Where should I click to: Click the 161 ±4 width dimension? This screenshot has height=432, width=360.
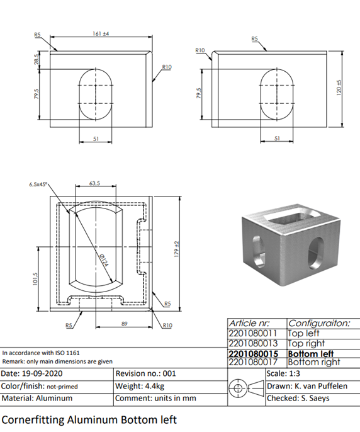pos(101,33)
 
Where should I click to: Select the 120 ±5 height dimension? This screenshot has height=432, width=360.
pos(339,88)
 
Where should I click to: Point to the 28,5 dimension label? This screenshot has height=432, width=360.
pos(37,59)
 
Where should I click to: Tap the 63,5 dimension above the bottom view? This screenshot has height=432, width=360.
pos(95,183)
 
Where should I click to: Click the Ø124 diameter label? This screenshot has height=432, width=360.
pos(103,260)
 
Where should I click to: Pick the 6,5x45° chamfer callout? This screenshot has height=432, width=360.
pos(38,185)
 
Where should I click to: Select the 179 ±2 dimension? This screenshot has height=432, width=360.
pos(177,249)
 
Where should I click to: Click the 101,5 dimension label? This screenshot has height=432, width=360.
pos(35,279)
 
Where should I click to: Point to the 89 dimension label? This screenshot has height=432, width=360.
pos(125,324)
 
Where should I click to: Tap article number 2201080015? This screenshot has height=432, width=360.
pos(254,354)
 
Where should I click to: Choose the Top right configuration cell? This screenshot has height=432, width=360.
pos(307,344)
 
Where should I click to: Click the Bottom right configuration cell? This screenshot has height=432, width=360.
pos(314,362)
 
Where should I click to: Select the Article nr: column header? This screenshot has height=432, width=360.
pos(249,323)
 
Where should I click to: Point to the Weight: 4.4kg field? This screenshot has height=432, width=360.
pos(140,386)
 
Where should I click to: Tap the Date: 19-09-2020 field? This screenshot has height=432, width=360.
pos(31,373)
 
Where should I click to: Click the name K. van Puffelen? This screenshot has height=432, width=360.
pos(321,386)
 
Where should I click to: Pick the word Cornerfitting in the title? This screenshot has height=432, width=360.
pos(33,420)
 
